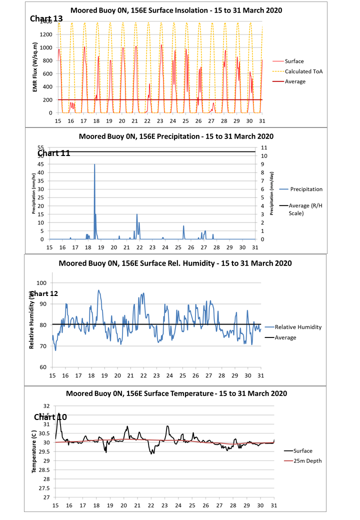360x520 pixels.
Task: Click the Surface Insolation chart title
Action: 176,10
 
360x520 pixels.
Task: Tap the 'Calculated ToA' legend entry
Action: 303,71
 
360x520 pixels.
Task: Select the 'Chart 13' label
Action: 46,18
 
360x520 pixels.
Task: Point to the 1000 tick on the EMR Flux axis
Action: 46,47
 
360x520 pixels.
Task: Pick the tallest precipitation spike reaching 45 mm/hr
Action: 94,165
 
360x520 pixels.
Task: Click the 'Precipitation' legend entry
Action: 306,189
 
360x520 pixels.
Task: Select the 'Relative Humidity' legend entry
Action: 298,327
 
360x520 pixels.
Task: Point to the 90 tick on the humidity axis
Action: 42,303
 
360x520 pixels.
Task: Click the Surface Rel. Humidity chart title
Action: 175,263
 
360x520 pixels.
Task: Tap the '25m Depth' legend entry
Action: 307,461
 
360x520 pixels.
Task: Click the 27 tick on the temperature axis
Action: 46,497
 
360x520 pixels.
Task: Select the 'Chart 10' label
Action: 50,416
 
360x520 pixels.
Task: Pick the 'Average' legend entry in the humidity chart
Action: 285,337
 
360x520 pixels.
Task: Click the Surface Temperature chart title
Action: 176,393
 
